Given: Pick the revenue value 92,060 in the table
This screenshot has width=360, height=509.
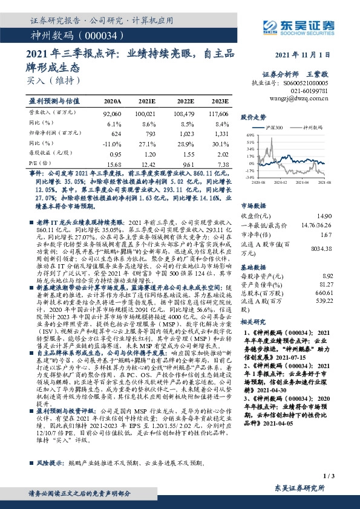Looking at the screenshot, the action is pyautogui.click(x=113, y=114).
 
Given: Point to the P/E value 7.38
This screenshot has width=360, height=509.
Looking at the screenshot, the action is pyautogui.click(x=223, y=164).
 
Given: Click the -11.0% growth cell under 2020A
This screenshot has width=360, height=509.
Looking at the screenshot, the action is pyautogui.click(x=113, y=143).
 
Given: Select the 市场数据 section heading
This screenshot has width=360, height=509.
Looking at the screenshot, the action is pyautogui.click(x=254, y=206).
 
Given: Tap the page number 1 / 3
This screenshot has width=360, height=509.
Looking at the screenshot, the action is pyautogui.click(x=329, y=476).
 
